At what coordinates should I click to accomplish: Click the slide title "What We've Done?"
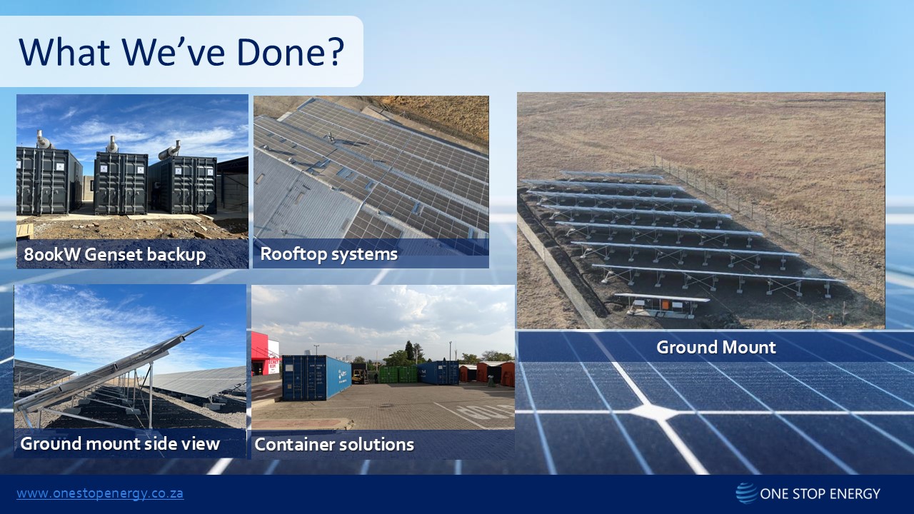[x=181, y=51]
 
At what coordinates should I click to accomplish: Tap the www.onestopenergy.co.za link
[x=100, y=493]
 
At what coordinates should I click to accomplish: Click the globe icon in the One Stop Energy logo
[x=746, y=493]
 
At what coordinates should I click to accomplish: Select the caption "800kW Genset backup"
[x=115, y=255]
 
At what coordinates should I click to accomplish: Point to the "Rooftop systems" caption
[x=328, y=254]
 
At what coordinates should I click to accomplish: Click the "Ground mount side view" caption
[x=120, y=443]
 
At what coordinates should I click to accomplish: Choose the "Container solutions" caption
[x=334, y=445]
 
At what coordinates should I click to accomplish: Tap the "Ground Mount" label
[x=715, y=348]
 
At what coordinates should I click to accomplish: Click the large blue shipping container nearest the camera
[x=316, y=378]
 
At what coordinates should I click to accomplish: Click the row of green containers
[x=398, y=373]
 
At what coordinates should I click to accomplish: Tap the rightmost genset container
[x=184, y=185]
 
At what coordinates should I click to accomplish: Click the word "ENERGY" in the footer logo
[x=853, y=494]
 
